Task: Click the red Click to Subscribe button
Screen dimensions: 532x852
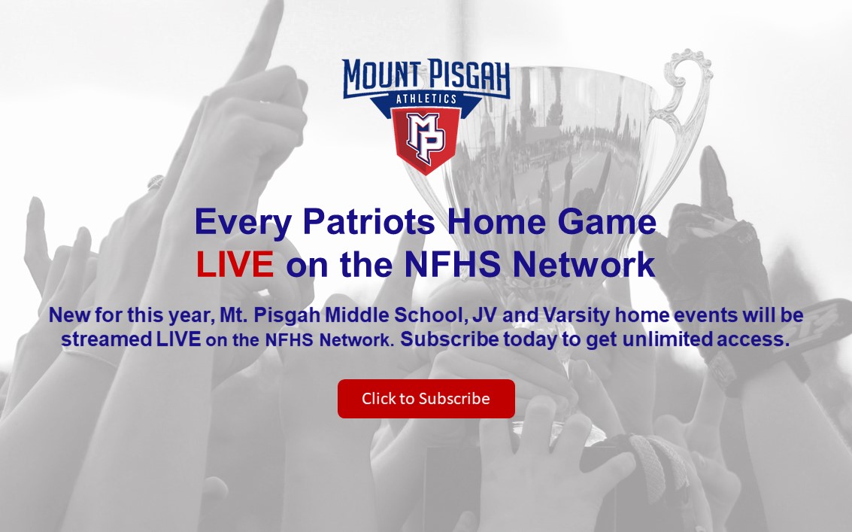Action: (426, 399)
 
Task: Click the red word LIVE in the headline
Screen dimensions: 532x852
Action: (235, 265)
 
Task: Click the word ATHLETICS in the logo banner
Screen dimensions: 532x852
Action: (426, 99)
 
